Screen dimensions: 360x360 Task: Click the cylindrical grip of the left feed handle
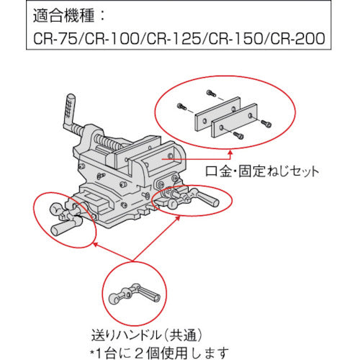pyautogui.click(x=66, y=230)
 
